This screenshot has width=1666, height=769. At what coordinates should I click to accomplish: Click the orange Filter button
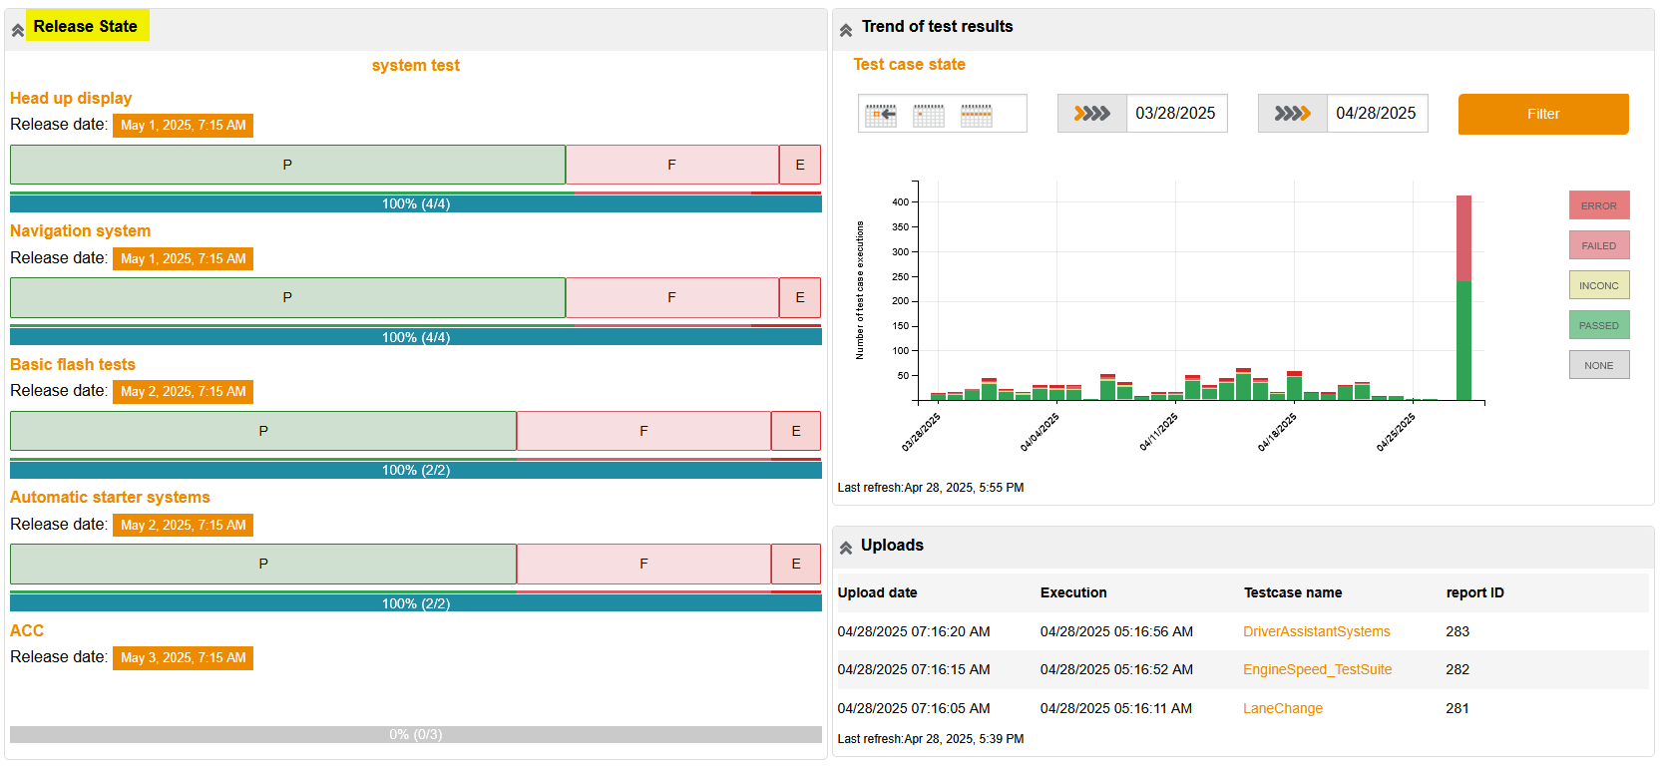click(1542, 114)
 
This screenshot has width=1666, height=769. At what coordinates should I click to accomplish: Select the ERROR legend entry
click(1598, 205)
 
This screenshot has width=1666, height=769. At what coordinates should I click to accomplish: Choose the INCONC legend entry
click(1598, 285)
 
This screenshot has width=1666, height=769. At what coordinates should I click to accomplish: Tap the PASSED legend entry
click(1598, 325)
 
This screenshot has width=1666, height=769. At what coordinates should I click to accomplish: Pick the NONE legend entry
click(1598, 365)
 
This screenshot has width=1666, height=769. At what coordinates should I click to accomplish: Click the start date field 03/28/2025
click(1175, 114)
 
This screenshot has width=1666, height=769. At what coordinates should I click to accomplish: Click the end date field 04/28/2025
click(1376, 114)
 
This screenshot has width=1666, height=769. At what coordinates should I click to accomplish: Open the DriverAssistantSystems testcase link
click(1316, 631)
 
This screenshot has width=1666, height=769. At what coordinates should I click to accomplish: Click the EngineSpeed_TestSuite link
click(1317, 669)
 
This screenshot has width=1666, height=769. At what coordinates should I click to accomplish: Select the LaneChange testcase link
click(1282, 708)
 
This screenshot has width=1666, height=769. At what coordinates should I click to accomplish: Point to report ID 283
click(1458, 631)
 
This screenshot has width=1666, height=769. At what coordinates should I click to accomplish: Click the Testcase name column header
click(1292, 592)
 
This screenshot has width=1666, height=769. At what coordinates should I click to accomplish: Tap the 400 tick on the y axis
click(900, 202)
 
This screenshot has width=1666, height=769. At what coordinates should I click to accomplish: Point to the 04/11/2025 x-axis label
click(1159, 432)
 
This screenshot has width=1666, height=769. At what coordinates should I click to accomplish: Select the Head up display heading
click(71, 98)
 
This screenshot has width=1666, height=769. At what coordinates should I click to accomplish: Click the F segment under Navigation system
click(671, 297)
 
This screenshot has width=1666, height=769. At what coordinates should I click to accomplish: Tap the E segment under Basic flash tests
click(796, 431)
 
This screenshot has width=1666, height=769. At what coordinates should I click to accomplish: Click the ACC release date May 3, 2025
click(183, 658)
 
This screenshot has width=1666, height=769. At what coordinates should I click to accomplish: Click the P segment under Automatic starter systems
click(263, 564)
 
